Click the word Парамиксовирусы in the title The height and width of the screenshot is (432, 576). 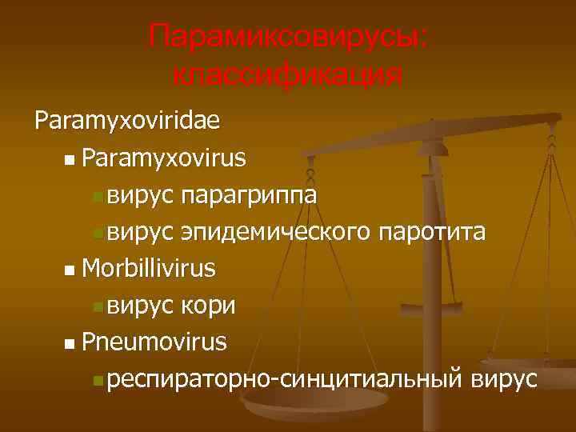point(288,37)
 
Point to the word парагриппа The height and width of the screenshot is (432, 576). point(249,195)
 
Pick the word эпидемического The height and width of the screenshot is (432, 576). point(276,232)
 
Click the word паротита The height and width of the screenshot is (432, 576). point(432,232)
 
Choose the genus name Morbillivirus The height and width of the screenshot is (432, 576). point(148,268)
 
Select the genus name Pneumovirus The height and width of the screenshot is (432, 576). point(154,342)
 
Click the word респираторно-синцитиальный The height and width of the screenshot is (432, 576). point(285,380)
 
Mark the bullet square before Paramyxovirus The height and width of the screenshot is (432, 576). point(71,160)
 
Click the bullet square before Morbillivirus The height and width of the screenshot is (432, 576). point(71,270)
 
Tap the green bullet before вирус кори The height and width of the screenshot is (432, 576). point(98,307)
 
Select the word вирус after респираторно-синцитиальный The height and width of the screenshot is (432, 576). point(505,380)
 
